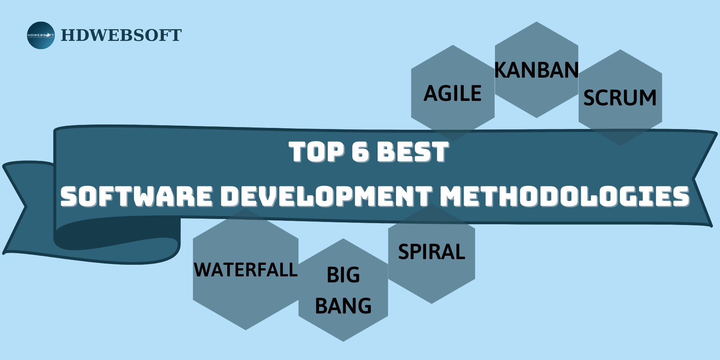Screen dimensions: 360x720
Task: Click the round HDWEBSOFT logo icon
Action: (41, 35)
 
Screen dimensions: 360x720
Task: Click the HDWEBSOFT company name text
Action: (121, 35)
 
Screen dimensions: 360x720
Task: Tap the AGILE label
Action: (453, 93)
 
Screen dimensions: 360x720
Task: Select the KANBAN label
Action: (537, 70)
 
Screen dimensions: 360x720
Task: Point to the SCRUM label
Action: (620, 98)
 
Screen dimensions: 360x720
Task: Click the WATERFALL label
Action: (246, 270)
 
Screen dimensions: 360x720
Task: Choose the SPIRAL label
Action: (432, 252)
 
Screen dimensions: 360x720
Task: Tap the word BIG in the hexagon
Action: (343, 275)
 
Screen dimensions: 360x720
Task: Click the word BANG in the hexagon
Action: (343, 306)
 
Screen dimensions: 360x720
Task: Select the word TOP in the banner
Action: (316, 152)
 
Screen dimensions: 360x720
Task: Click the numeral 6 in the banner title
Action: (360, 152)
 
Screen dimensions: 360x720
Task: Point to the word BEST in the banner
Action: (412, 152)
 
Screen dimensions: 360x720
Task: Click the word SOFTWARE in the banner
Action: (136, 196)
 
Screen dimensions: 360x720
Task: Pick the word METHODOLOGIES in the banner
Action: (565, 196)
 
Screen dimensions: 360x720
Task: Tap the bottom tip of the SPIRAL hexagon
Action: (432, 301)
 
